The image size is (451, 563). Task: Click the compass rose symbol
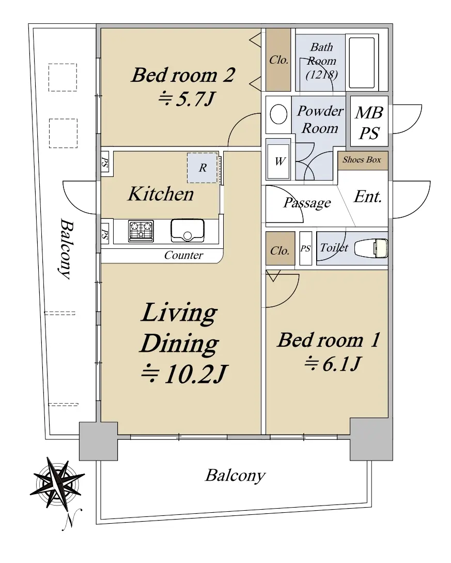click(57, 483)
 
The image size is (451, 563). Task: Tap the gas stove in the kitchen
click(141, 230)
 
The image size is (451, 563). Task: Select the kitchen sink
click(188, 230)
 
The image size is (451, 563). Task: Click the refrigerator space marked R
click(203, 168)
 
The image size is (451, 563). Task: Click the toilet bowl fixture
click(371, 248)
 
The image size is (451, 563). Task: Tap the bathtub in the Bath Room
click(362, 63)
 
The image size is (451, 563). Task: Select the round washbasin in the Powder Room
click(278, 114)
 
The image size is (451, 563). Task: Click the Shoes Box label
click(362, 159)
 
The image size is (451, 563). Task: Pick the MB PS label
click(369, 123)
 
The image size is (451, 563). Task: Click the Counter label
click(183, 255)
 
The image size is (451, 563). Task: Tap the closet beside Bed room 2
click(278, 60)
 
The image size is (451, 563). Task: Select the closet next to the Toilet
click(280, 248)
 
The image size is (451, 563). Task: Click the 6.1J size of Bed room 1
click(332, 364)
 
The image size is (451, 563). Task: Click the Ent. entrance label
click(367, 197)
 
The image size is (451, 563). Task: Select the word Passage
click(307, 203)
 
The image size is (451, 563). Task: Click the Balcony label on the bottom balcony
click(235, 476)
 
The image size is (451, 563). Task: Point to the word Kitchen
click(161, 194)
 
